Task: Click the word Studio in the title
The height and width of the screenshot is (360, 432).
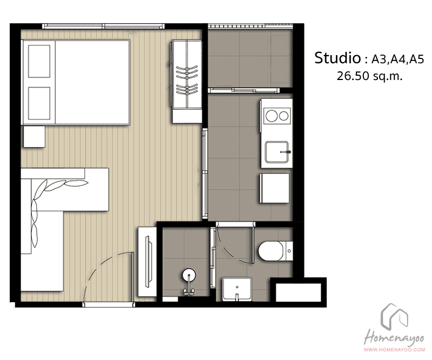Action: (x=337, y=58)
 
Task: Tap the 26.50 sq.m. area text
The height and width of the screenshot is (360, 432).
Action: (x=369, y=76)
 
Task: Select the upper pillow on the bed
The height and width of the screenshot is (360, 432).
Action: (x=39, y=62)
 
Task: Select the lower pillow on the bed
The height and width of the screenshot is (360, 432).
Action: (x=39, y=103)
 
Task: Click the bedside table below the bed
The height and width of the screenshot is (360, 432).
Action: (x=34, y=137)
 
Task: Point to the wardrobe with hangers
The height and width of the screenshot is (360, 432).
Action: (x=187, y=82)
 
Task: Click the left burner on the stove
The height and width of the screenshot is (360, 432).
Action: (x=271, y=116)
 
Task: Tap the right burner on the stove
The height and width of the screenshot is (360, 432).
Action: (x=283, y=116)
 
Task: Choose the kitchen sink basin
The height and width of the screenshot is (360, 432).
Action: (x=277, y=152)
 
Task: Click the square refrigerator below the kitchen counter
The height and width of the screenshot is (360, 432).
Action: (x=274, y=188)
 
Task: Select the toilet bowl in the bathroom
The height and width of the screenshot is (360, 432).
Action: (x=271, y=251)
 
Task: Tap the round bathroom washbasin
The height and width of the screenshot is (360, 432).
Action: (x=190, y=275)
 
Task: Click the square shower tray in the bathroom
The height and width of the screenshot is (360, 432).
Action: (x=237, y=289)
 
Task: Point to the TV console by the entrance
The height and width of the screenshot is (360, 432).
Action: (x=147, y=262)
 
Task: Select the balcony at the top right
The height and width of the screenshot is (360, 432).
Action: (x=250, y=59)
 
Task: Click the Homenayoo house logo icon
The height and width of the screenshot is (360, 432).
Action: (x=394, y=317)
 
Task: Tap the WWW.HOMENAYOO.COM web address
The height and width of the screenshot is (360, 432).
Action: (x=394, y=350)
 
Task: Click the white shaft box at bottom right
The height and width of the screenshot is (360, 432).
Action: (x=299, y=292)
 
